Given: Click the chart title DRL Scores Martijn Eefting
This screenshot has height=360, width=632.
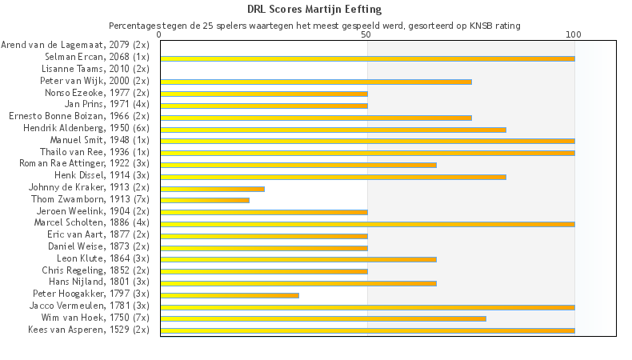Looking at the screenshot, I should pos(314,10).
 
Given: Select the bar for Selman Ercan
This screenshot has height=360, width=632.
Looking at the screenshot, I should pos(367,58).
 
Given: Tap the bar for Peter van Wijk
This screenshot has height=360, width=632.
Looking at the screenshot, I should pos(316,82).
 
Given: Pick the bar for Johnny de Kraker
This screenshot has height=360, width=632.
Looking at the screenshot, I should pos(212,189).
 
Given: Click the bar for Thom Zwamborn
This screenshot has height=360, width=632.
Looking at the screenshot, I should pos(205,200).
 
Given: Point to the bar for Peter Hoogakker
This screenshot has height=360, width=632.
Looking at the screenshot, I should pos(230,295).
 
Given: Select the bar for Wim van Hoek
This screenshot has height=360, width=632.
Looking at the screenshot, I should pos(323,318).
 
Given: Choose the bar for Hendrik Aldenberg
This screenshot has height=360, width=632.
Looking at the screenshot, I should pos(333,129).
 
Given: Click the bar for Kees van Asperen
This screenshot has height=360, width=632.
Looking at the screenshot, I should pos(367,330).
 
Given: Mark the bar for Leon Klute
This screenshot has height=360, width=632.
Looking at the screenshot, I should pos(298,259).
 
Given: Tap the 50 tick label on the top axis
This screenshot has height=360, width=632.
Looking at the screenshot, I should pos(366,35).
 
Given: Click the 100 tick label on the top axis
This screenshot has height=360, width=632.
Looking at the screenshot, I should pos(574,35).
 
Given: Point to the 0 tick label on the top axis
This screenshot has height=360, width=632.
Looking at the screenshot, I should pos(160,35).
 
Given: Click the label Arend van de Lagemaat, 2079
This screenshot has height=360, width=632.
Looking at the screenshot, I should pos(75,46).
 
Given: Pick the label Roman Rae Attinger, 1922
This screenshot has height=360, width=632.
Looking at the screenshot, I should pos(84,163).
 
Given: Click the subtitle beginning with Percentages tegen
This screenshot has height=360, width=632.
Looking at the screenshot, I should pos(314,26).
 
